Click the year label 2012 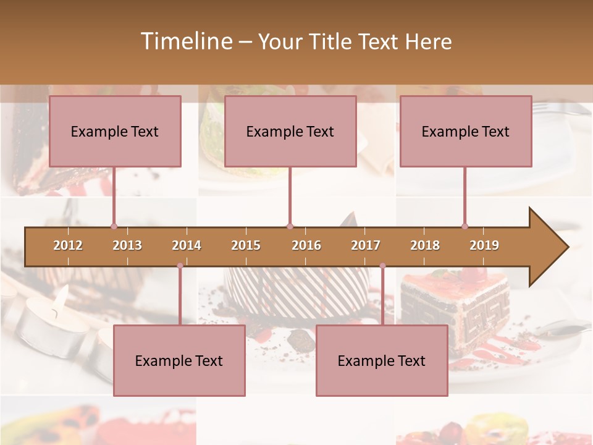(x=68, y=246)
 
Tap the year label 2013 (x=127, y=246)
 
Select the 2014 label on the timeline (x=187, y=246)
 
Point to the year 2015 (x=246, y=246)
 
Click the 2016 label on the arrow (x=306, y=246)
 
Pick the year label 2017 (x=366, y=246)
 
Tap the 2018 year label (x=425, y=246)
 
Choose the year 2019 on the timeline (x=484, y=246)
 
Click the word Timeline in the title (x=185, y=41)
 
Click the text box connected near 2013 (x=115, y=132)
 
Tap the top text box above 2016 (x=290, y=132)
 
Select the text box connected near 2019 (x=466, y=132)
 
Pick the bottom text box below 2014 (x=179, y=361)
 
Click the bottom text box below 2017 (x=382, y=361)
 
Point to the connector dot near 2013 (x=114, y=226)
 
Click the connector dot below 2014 (x=180, y=266)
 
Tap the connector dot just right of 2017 (x=382, y=266)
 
